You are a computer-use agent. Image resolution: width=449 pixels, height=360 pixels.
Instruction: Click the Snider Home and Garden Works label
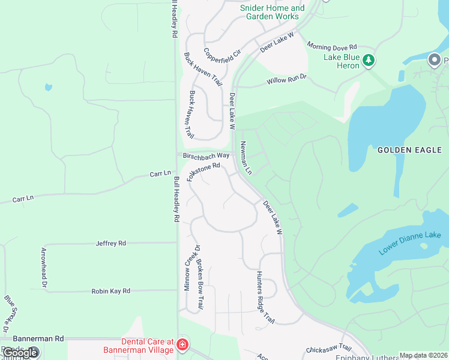(273, 12)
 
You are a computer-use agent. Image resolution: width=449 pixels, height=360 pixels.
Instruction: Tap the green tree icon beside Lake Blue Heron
(369, 60)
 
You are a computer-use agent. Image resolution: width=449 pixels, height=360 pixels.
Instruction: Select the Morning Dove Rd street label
(332, 46)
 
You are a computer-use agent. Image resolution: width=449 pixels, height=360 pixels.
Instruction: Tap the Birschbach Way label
(206, 155)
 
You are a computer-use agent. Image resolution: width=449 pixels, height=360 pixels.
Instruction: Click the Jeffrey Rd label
(111, 243)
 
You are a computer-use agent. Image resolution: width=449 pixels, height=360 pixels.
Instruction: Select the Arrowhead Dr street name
(44, 268)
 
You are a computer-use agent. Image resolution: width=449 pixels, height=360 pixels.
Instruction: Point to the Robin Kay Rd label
(110, 291)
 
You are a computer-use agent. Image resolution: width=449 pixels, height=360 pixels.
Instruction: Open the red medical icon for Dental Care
(182, 345)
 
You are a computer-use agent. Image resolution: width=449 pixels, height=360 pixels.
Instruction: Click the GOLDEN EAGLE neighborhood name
(409, 150)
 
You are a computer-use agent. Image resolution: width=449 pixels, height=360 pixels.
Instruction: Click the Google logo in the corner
(20, 353)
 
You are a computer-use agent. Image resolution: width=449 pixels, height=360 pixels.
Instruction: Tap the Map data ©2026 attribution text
(423, 355)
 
